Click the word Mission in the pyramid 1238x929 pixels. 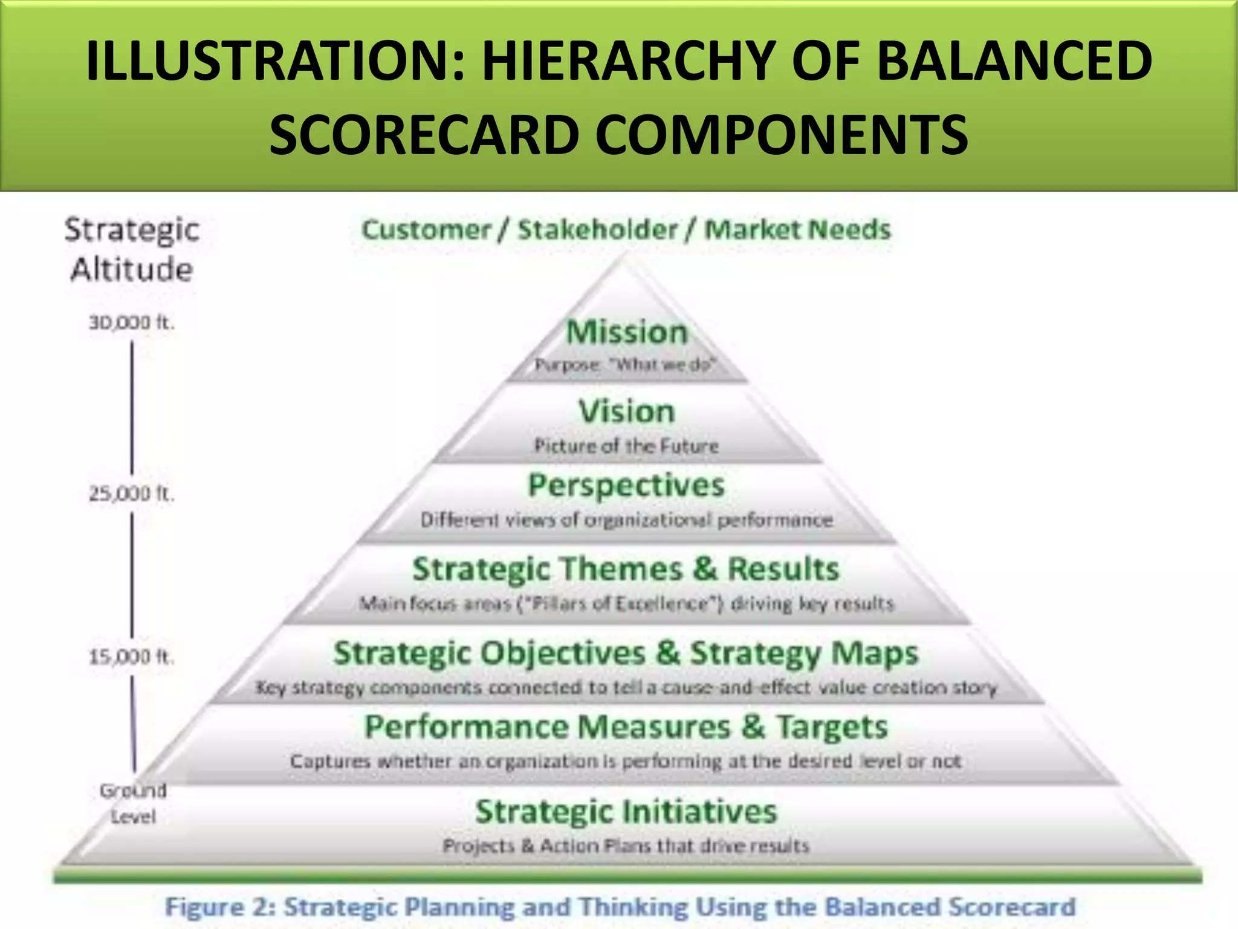click(x=627, y=333)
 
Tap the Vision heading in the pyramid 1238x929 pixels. click(x=626, y=411)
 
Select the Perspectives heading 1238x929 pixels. click(x=626, y=486)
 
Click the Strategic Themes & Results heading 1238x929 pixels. click(x=626, y=569)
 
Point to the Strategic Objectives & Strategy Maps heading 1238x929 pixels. click(x=626, y=654)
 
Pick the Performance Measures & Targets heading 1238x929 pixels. click(x=626, y=727)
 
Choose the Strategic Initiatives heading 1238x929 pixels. click(x=626, y=812)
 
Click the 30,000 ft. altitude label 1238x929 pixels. click(x=132, y=323)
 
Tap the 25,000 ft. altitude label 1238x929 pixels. click(x=132, y=494)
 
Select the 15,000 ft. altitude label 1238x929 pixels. click(x=132, y=656)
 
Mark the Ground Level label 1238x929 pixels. click(x=133, y=803)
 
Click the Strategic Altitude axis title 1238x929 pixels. click(x=132, y=249)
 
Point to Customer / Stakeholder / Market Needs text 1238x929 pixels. click(x=626, y=230)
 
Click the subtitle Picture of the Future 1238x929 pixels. click(x=626, y=446)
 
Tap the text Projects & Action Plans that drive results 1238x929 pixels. click(x=626, y=846)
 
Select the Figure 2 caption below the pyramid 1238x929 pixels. click(x=620, y=907)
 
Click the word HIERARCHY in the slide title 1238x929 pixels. click(x=629, y=60)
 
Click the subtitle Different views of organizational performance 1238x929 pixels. click(x=626, y=520)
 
